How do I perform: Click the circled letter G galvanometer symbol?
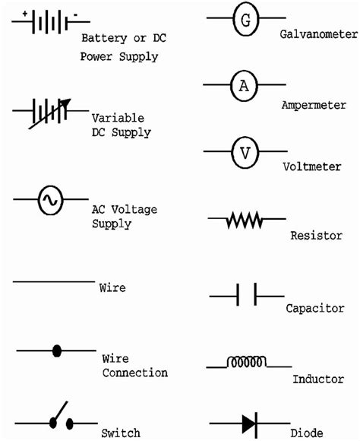(x=245, y=21)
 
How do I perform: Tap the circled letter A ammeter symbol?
(x=244, y=87)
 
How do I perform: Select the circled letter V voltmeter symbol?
(x=245, y=152)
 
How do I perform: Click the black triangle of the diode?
(x=248, y=422)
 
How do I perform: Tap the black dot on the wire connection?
(x=56, y=351)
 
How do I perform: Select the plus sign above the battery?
(x=24, y=14)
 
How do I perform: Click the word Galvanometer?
(x=317, y=35)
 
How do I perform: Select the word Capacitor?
(x=315, y=308)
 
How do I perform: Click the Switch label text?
(x=121, y=433)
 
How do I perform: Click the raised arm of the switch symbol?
(x=59, y=411)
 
